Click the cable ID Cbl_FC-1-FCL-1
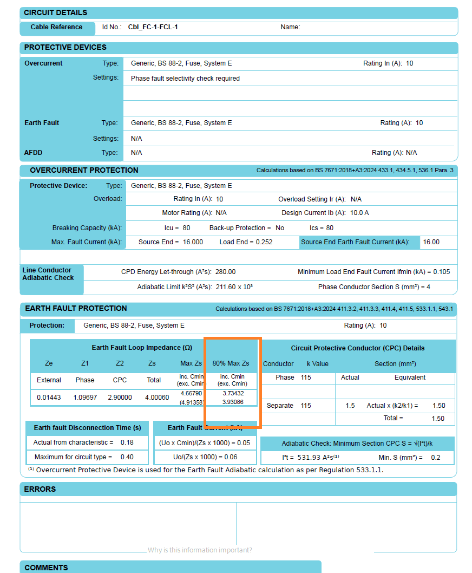click(x=153, y=27)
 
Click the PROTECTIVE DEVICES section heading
click(x=65, y=48)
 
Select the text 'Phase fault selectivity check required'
click(x=185, y=79)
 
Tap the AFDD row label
click(x=34, y=153)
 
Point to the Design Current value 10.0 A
click(x=359, y=213)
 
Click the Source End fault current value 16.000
click(x=192, y=242)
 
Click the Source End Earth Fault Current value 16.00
click(x=431, y=242)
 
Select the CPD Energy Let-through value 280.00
click(x=225, y=272)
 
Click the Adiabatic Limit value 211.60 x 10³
click(x=234, y=287)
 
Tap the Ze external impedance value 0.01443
click(x=49, y=398)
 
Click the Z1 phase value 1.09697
click(x=85, y=398)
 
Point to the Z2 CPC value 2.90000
click(x=120, y=398)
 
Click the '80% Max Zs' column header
click(x=231, y=363)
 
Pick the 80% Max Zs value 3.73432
click(x=233, y=393)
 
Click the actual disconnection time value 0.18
click(x=127, y=442)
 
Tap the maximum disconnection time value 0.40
click(x=127, y=457)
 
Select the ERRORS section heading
click(x=40, y=489)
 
